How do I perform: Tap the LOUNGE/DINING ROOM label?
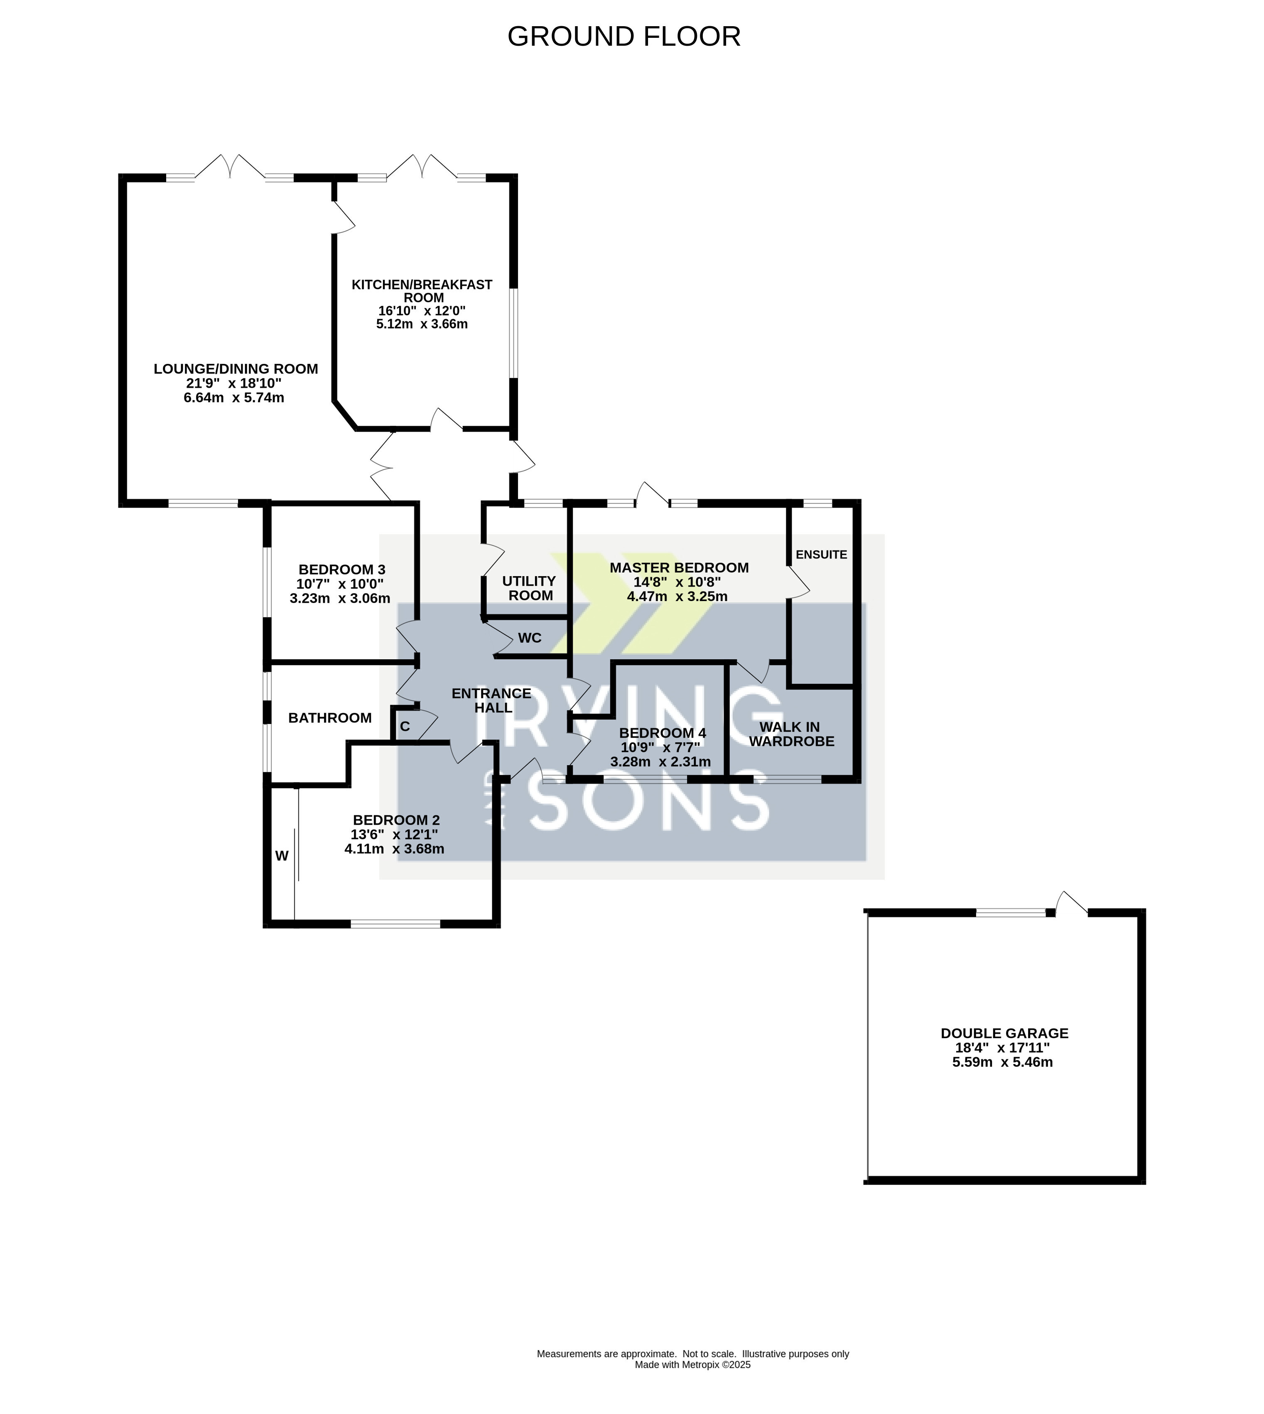click(236, 369)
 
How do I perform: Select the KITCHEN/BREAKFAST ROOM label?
click(422, 291)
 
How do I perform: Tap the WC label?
click(530, 638)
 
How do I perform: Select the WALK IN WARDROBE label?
click(791, 734)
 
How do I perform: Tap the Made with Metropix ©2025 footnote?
click(692, 1384)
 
